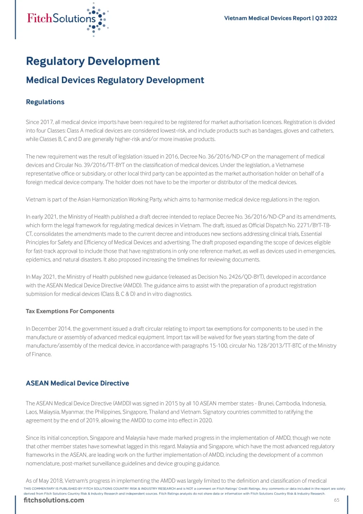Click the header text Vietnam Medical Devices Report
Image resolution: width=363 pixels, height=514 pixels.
click(268, 18)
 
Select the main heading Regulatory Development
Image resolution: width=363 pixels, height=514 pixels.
click(93, 61)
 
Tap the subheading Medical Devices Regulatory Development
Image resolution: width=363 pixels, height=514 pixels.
click(115, 80)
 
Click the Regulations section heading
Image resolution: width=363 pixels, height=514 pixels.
click(45, 102)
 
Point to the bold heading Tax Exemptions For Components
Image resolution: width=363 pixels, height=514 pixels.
click(70, 311)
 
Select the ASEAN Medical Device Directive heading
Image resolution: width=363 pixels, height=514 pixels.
click(78, 383)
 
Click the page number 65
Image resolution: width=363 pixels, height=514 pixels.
click(337, 500)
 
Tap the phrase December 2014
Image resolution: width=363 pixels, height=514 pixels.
click(50, 328)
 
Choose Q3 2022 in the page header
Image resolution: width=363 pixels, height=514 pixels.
click(327, 18)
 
